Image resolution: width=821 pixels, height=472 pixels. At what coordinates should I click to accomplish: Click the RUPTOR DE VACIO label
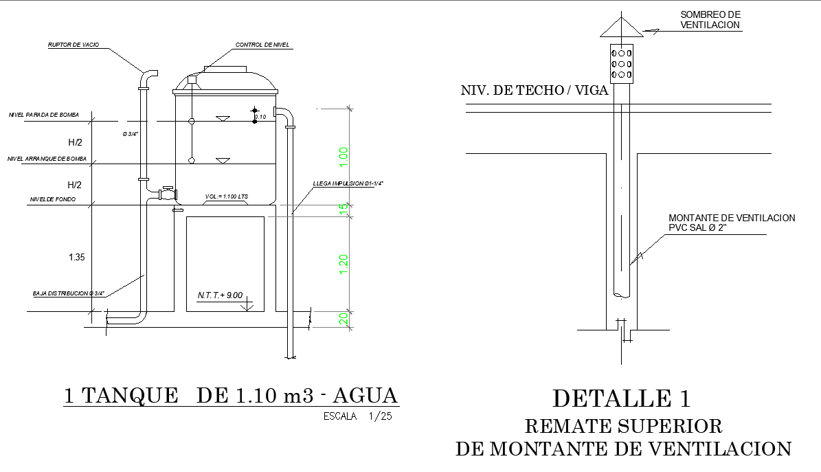click(74, 45)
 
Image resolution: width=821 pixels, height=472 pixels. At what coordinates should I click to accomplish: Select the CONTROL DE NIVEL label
click(262, 45)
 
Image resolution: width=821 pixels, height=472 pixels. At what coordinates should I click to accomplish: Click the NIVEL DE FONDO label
click(52, 200)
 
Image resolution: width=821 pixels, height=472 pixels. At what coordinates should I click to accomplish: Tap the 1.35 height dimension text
click(76, 258)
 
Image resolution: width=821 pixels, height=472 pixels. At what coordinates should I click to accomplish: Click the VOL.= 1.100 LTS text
click(227, 197)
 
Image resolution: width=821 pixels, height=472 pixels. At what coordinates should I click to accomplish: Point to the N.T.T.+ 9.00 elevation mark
click(220, 295)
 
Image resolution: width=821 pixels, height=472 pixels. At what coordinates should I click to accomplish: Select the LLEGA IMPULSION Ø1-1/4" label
click(348, 183)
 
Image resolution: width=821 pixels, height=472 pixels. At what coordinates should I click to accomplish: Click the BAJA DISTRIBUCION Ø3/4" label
click(68, 293)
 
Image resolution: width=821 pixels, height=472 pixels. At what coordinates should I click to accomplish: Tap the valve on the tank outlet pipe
click(166, 192)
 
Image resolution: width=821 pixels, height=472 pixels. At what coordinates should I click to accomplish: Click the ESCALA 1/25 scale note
click(357, 416)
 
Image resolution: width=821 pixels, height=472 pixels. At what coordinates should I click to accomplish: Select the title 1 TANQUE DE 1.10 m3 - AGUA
click(230, 396)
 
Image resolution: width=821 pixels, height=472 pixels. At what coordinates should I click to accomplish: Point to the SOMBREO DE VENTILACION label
click(710, 20)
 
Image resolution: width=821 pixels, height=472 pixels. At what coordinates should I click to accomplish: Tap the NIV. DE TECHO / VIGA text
click(535, 90)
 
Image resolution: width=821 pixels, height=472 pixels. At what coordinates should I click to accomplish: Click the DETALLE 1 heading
click(622, 398)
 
